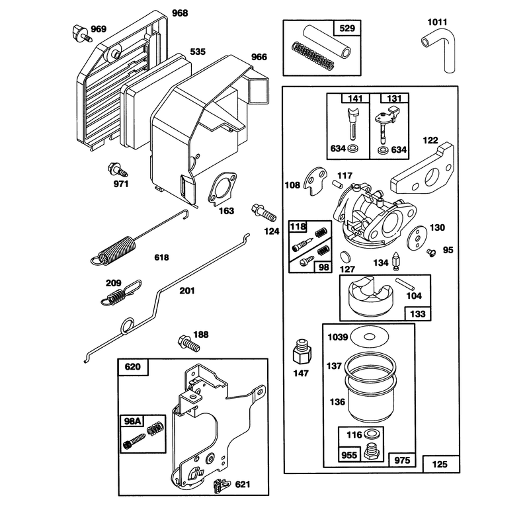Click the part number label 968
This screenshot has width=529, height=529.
[x=180, y=13]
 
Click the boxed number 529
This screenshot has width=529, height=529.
[x=347, y=28]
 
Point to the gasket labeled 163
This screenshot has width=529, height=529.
[x=222, y=188]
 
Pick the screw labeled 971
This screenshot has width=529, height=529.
[x=117, y=170]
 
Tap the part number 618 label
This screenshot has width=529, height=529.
[x=161, y=257]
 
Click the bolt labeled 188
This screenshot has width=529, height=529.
[x=188, y=343]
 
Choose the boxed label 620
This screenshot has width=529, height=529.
[x=133, y=367]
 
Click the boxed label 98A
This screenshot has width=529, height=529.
[x=132, y=421]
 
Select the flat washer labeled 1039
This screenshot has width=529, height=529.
[x=370, y=337]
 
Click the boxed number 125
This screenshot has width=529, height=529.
[x=440, y=464]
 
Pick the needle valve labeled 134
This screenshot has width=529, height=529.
[x=396, y=261]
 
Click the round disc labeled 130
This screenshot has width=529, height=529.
[x=417, y=237]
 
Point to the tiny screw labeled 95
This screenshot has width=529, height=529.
[x=431, y=253]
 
